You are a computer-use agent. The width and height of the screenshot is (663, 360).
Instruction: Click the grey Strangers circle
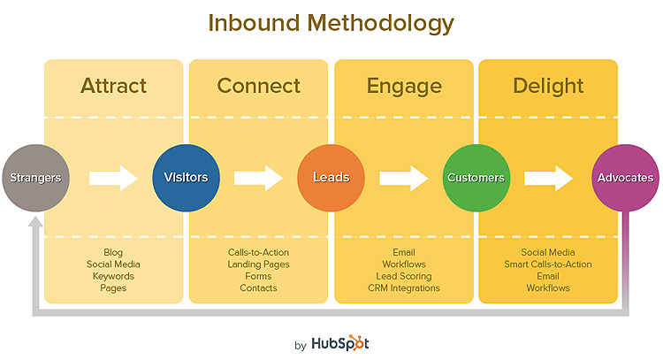point(35,178)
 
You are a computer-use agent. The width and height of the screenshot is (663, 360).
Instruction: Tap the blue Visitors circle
point(186,178)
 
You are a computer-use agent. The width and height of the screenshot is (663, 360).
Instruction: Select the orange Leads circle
point(331,178)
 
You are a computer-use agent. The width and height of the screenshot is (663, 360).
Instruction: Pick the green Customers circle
point(476,178)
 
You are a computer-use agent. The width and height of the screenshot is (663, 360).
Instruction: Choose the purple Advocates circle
point(625,178)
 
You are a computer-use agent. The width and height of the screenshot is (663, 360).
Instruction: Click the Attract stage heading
point(113,86)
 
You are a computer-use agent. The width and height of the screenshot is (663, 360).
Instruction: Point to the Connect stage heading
point(258,86)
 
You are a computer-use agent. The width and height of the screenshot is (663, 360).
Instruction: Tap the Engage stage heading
point(404,87)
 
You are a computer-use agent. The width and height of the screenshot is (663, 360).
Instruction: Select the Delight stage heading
point(548,87)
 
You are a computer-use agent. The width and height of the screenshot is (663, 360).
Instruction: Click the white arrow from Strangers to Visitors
point(113,178)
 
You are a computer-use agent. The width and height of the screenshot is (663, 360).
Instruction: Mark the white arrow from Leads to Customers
point(404,178)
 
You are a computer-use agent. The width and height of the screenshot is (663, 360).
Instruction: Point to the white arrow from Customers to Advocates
point(549,178)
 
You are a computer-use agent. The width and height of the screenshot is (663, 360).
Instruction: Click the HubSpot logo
point(340,343)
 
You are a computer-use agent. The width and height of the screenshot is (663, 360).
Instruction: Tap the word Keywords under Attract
point(113,276)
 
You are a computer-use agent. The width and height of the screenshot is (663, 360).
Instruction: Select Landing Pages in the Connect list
point(258,264)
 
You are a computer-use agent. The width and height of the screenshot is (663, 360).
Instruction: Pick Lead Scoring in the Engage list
point(404,276)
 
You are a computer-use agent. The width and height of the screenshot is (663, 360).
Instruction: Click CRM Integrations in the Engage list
point(404,288)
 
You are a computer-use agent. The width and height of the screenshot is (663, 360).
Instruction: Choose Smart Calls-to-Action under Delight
point(548,264)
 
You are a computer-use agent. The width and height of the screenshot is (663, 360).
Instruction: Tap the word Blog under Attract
point(113,253)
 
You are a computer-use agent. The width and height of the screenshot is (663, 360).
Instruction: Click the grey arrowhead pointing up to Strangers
point(35,222)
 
